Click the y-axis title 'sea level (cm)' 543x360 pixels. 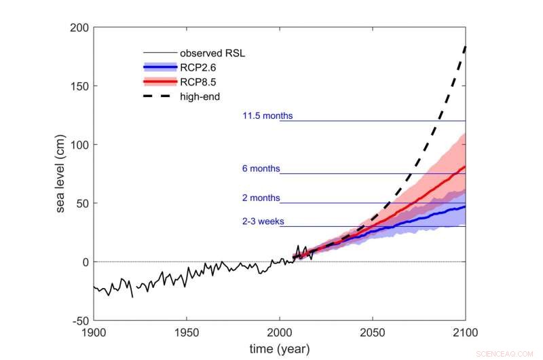pyautogui.click(x=60, y=173)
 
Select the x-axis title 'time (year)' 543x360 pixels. pyautogui.click(x=279, y=348)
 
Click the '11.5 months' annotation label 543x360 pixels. pyautogui.click(x=267, y=116)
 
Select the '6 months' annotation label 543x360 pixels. pyautogui.click(x=261, y=169)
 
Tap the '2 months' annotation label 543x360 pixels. pyautogui.click(x=261, y=198)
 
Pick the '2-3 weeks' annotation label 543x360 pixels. pyautogui.click(x=263, y=221)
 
